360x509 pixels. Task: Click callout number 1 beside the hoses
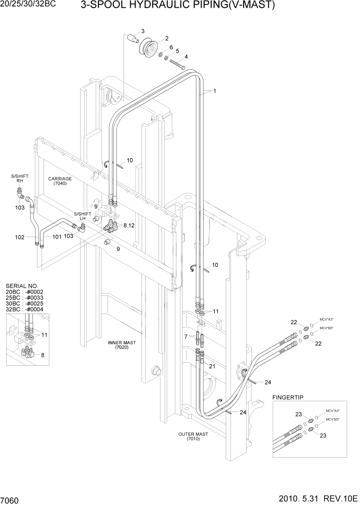(x=214, y=91)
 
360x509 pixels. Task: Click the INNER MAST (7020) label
(x=121, y=344)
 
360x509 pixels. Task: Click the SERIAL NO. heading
(x=21, y=286)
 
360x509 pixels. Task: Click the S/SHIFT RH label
(x=20, y=179)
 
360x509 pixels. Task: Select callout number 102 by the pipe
(x=20, y=237)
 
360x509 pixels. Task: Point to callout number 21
(x=212, y=366)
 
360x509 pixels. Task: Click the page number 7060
(x=10, y=500)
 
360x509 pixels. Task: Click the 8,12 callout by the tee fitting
(x=129, y=225)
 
